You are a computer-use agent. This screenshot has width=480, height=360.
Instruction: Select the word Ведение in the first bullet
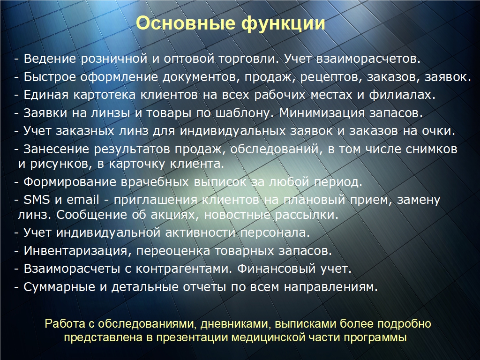pyautogui.click(x=50, y=59)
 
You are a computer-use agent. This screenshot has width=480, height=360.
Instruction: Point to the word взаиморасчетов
pyautogui.click(x=368, y=59)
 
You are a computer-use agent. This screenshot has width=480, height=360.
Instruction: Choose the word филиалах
pyautogui.click(x=402, y=95)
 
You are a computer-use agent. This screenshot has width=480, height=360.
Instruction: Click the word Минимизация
pyautogui.click(x=322, y=113)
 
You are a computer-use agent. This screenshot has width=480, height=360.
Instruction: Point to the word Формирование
pyautogui.click(x=70, y=182)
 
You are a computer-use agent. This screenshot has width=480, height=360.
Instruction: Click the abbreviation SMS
pyautogui.click(x=37, y=200)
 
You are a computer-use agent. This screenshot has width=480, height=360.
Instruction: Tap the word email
pyautogui.click(x=83, y=200)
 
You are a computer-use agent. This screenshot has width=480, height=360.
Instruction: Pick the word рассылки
pyautogui.click(x=307, y=215)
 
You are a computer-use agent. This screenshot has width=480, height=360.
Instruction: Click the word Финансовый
pyautogui.click(x=276, y=269)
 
